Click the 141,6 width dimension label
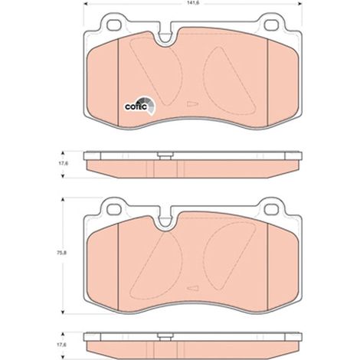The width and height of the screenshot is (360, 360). coord(192,3)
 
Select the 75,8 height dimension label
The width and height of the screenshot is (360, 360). coord(60,253)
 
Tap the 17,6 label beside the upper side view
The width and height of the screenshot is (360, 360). coord(60,164)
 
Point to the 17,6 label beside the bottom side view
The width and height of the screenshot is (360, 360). coord(60,345)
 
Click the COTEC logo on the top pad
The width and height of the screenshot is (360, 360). coord(140,106)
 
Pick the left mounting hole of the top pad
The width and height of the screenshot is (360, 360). coord(113,25)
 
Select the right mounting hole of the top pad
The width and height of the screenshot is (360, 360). coord(271,25)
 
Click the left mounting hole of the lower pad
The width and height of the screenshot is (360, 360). coord(113,209)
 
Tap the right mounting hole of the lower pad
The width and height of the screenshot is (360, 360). coord(271,209)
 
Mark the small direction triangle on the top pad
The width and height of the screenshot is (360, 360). coord(192,104)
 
